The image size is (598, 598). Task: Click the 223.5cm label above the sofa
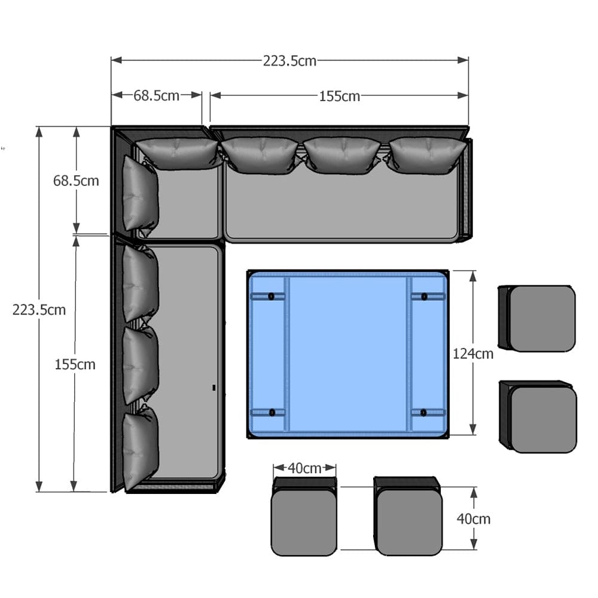pos(289,61)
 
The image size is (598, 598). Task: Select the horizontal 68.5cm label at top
pos(156,95)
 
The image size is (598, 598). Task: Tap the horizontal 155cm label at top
pos(340,96)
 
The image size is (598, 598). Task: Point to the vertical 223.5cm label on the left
pos(39,310)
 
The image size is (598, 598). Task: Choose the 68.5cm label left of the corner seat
pos(76,181)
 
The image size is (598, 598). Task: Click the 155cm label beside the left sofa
pos(75,365)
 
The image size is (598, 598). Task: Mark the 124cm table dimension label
pos(473,354)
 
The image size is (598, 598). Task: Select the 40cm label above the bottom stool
pos(304,468)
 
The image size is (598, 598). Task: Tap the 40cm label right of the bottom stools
pos(473,519)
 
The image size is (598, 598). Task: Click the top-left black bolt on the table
pos(271,297)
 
